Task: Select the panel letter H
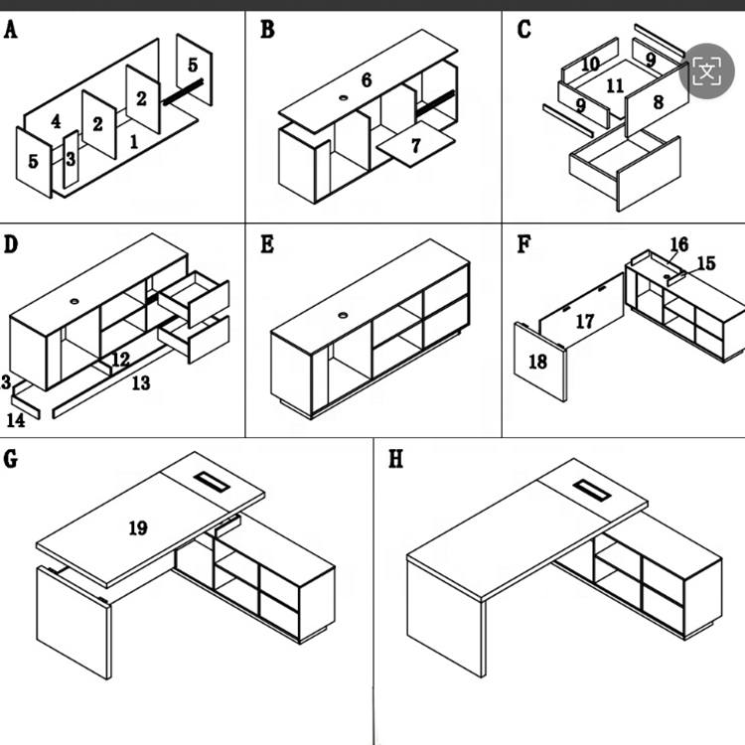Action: tap(396, 462)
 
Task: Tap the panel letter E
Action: tap(266, 244)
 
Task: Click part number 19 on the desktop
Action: tap(138, 527)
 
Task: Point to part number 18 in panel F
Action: tap(537, 363)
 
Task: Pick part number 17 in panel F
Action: tap(585, 321)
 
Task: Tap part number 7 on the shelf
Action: tap(415, 146)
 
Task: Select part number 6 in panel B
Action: tap(366, 80)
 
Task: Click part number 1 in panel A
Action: tap(133, 142)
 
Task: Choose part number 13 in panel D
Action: tap(140, 382)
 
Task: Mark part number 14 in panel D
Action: tap(15, 420)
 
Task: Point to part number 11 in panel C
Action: tap(616, 86)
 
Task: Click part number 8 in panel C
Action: tap(657, 102)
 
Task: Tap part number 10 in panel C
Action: tap(590, 65)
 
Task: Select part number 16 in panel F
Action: tap(678, 244)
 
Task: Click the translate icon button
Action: tap(706, 70)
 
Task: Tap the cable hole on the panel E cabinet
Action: tap(344, 315)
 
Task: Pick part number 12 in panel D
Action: tap(120, 359)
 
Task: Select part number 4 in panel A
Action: tap(56, 122)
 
